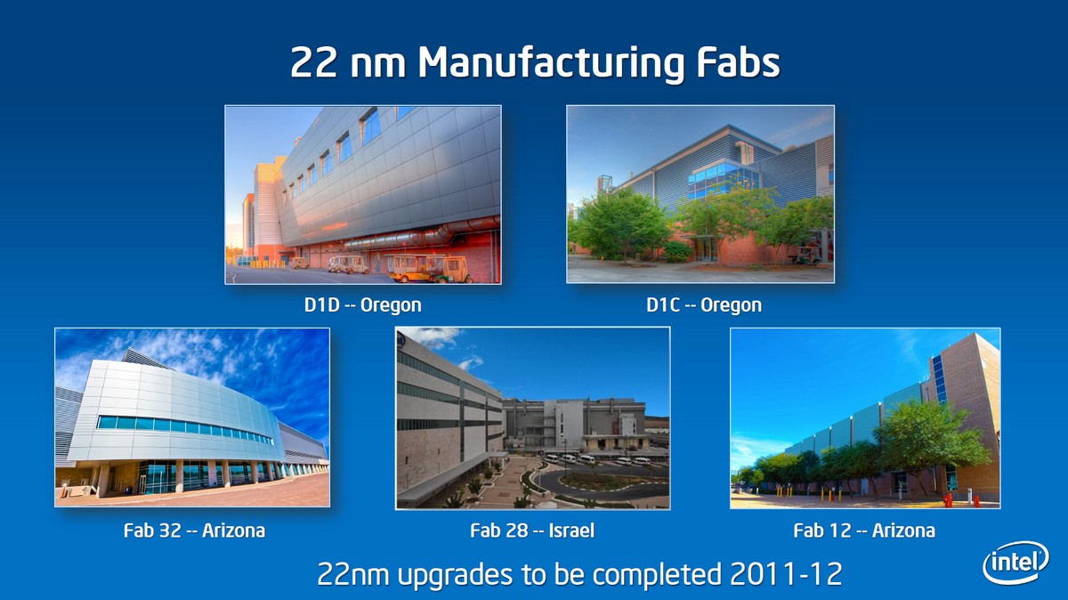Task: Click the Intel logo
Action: pyautogui.click(x=1015, y=563)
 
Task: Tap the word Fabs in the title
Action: pyautogui.click(x=738, y=62)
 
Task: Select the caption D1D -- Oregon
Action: pyautogui.click(x=363, y=304)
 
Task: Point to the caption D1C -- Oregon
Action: pyautogui.click(x=704, y=304)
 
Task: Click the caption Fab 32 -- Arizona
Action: pyautogui.click(x=194, y=531)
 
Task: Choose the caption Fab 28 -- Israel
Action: pyautogui.click(x=532, y=531)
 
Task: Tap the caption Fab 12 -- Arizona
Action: pyautogui.click(x=864, y=531)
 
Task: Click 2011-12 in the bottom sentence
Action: pyautogui.click(x=786, y=574)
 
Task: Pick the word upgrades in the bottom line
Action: pyautogui.click(x=455, y=576)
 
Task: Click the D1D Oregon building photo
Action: pyautogui.click(x=363, y=195)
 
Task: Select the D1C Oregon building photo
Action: pyautogui.click(x=700, y=194)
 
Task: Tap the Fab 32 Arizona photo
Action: pyautogui.click(x=192, y=418)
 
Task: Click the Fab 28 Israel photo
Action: pyautogui.click(x=532, y=418)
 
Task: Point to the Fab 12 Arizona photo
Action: pyautogui.click(x=865, y=418)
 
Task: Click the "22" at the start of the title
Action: pyautogui.click(x=313, y=62)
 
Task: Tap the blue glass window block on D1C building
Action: pyautogui.click(x=724, y=179)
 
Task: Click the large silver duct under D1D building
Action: pyautogui.click(x=419, y=235)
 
